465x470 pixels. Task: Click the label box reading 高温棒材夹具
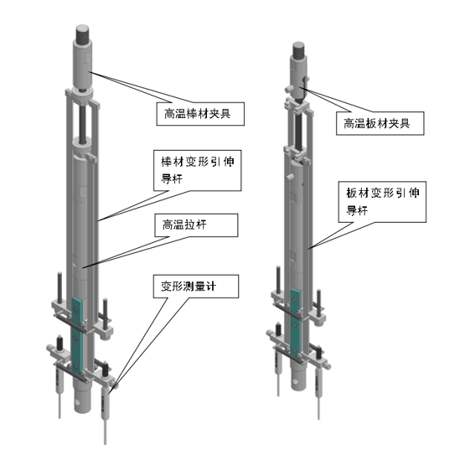tap(200, 114)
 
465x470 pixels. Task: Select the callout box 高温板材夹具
tap(380, 123)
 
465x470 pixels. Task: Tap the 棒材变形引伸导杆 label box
tap(197, 170)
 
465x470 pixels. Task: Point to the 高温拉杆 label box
tap(196, 225)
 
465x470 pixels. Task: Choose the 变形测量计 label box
tap(196, 287)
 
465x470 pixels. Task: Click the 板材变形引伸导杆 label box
tap(382, 202)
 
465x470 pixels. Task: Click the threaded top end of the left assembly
tap(82, 34)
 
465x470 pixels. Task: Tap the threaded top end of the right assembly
tap(298, 50)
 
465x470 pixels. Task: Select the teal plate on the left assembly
tap(77, 335)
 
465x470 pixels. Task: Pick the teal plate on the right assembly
tap(295, 323)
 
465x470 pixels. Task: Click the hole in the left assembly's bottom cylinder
tap(79, 401)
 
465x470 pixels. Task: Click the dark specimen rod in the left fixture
tap(83, 119)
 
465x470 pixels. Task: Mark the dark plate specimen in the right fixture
tap(299, 131)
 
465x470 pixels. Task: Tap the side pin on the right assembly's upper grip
tap(289, 89)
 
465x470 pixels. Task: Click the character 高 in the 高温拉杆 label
tap(168, 225)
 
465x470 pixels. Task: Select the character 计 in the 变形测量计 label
tap(211, 286)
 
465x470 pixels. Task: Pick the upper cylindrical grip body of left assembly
tap(82, 65)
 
